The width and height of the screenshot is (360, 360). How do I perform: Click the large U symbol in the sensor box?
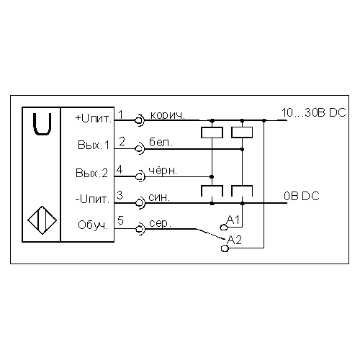click(42, 124)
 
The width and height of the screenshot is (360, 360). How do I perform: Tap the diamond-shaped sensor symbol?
click(42, 220)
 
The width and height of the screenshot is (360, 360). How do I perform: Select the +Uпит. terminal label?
click(94, 119)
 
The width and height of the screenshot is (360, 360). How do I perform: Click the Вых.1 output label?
click(94, 145)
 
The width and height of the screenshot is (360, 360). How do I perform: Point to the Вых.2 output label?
click(92, 173)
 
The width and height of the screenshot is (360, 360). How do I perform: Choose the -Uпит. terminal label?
click(92, 199)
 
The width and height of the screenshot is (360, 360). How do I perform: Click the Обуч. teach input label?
click(93, 225)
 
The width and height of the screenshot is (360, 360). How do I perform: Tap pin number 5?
click(120, 220)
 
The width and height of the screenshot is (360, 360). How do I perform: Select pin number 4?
click(120, 169)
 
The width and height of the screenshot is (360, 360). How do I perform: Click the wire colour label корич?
click(168, 115)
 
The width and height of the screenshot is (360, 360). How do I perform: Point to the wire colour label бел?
click(161, 143)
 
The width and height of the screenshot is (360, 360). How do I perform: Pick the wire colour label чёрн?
click(163, 171)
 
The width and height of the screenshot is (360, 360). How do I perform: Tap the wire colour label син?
click(159, 197)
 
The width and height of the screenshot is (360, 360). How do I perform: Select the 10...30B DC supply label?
click(314, 112)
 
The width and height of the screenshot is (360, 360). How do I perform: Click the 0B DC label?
click(302, 196)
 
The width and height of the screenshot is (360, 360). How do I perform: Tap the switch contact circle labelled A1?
click(224, 227)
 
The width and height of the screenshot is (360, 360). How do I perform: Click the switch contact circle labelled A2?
click(225, 248)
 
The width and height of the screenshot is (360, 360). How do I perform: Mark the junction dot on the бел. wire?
click(242, 149)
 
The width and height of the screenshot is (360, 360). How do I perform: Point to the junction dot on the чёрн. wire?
click(212, 177)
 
